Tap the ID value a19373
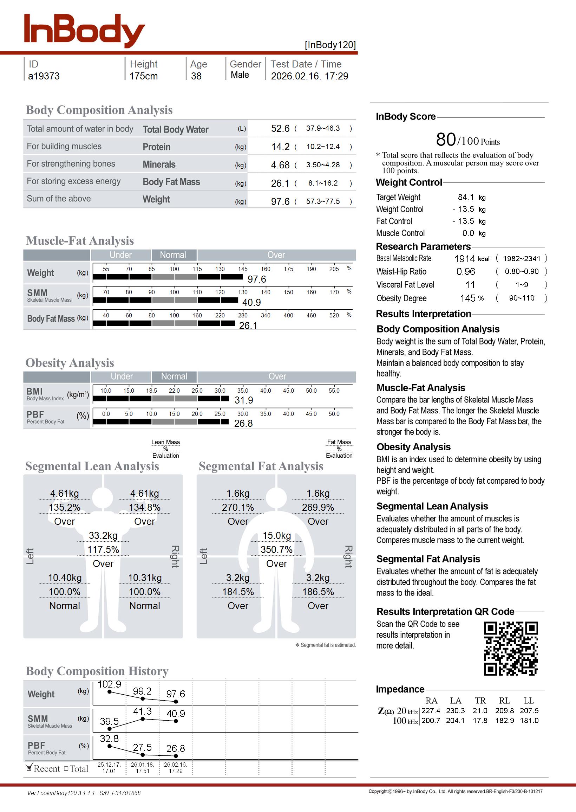pyautogui.click(x=44, y=76)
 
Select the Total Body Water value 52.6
pyautogui.click(x=280, y=128)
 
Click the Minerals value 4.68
pyautogui.click(x=280, y=165)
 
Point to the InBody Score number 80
pyautogui.click(x=446, y=139)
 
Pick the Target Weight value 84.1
pyautogui.click(x=466, y=197)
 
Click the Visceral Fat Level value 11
pyautogui.click(x=470, y=285)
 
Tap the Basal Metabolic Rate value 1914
pyautogui.click(x=464, y=259)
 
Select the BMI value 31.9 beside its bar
pyautogui.click(x=244, y=400)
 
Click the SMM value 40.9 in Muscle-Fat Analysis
pyautogui.click(x=251, y=302)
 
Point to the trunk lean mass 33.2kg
pyautogui.click(x=103, y=536)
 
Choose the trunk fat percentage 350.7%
pyautogui.click(x=276, y=550)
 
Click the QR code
pyautogui.click(x=511, y=649)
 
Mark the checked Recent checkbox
pyautogui.click(x=30, y=768)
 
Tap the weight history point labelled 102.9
pyautogui.click(x=110, y=692)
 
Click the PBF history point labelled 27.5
pyautogui.click(x=143, y=754)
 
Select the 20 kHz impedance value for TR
pyautogui.click(x=480, y=710)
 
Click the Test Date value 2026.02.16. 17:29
pyautogui.click(x=309, y=76)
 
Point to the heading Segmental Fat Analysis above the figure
pyautogui.click(x=261, y=466)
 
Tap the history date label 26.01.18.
pyautogui.click(x=143, y=765)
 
